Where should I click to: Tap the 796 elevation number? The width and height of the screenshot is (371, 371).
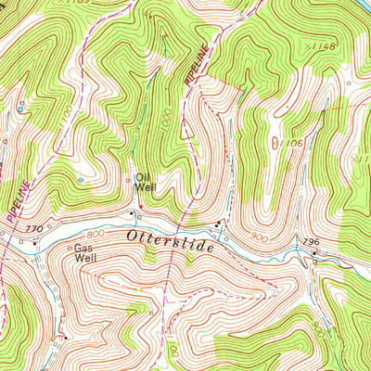click(311, 242)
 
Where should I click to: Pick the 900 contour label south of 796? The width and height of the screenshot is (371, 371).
click(318, 326)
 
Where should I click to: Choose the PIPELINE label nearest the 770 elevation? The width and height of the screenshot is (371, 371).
click(17, 199)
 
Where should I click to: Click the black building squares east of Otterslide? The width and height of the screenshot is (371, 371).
click(218, 225)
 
